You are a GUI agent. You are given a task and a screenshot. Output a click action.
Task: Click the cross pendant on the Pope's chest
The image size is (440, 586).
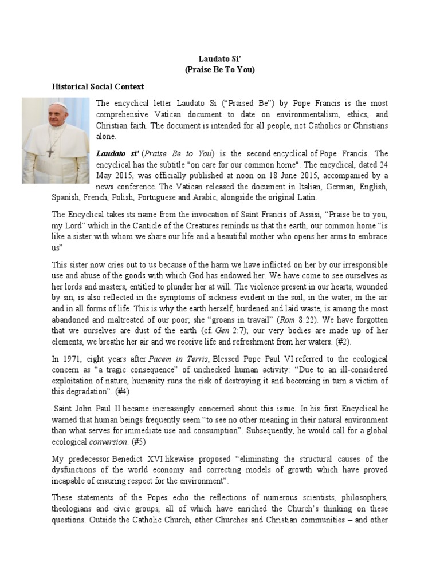point(50,152)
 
